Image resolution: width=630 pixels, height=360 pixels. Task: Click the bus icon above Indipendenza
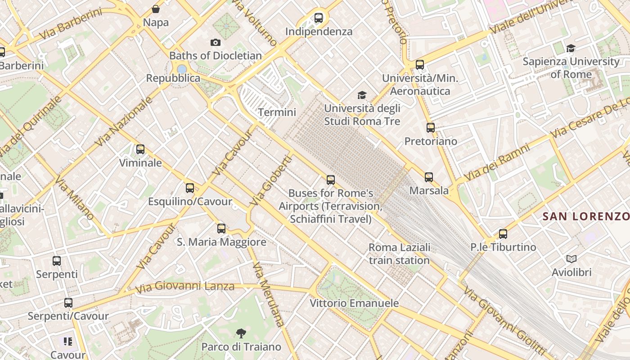point(319,18)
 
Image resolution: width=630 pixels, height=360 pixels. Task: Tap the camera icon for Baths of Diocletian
point(216,42)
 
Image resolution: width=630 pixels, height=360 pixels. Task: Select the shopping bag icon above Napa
point(156,9)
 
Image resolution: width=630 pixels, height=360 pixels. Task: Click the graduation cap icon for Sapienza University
point(571,48)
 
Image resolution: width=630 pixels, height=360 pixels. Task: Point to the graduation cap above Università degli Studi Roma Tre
point(362,95)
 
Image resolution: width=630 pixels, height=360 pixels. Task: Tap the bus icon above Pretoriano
point(431,128)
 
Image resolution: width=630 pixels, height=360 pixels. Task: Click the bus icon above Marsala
point(429,177)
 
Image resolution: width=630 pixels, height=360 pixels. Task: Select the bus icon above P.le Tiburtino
point(503,234)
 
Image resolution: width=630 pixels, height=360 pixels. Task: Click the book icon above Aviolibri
point(571,259)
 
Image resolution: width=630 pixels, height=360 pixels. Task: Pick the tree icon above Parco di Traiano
point(241,333)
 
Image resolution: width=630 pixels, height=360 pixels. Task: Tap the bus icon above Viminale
point(140,149)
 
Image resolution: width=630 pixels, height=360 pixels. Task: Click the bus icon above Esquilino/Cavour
point(190,188)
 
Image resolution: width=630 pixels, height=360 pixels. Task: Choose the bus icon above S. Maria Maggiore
point(221,229)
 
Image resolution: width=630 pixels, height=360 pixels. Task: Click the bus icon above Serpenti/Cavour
point(68,303)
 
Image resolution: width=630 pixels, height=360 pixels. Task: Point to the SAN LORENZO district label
point(585,216)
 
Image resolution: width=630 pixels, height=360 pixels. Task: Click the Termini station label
point(277,112)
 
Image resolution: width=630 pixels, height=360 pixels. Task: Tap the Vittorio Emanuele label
point(354,303)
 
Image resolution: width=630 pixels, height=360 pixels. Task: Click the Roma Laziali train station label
point(399,254)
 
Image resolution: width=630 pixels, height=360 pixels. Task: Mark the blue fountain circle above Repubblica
point(182,69)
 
